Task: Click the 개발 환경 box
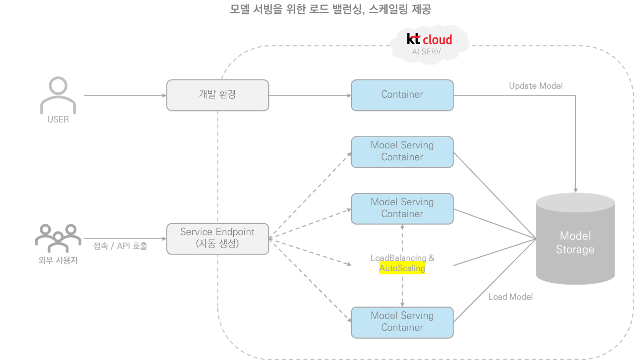point(217,95)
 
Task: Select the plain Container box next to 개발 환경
point(402,95)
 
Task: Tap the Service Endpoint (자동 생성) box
point(217,238)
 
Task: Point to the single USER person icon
point(58,95)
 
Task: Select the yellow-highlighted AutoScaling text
point(402,268)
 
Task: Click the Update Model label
point(535,86)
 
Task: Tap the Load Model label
point(510,297)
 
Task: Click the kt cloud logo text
point(429,39)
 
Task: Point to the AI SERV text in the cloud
point(426,52)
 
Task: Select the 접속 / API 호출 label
point(120,246)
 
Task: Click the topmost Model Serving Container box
point(402,152)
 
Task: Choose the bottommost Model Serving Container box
point(402,322)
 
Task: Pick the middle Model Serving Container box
point(402,208)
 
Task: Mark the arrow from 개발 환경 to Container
point(310,96)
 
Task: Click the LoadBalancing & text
point(402,258)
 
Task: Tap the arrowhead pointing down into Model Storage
point(576,190)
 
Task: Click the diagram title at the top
point(330,9)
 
